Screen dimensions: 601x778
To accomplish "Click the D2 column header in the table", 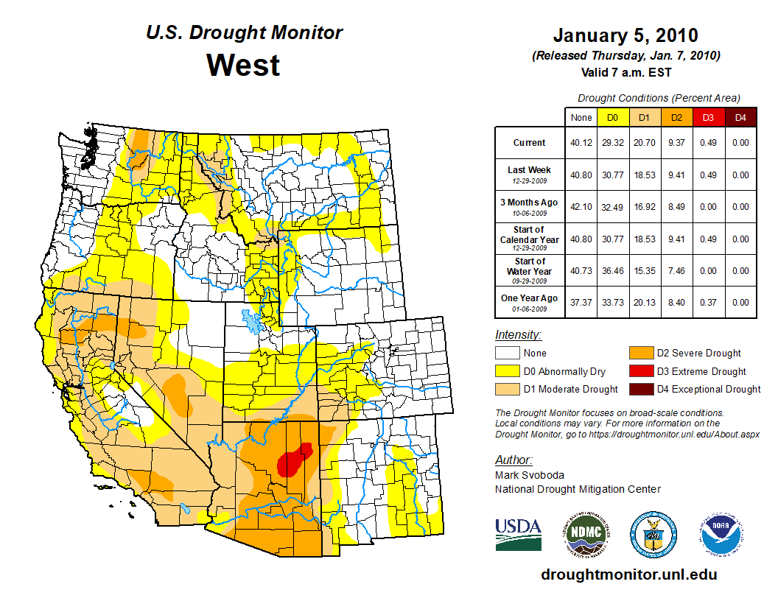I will (676, 117).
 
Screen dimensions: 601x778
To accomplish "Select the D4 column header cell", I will (740, 117).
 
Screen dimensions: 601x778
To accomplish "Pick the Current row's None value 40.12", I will (581, 143).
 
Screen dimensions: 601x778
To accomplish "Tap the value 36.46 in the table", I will (613, 270).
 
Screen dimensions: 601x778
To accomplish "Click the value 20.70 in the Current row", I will (645, 143).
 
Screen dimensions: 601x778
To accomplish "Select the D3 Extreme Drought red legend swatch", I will (639, 371).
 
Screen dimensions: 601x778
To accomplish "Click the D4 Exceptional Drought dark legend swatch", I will (639, 389).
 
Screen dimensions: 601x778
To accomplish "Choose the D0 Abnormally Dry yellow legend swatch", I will (507, 371).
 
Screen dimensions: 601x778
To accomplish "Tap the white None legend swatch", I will (507, 354).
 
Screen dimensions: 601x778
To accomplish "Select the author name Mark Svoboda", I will (530, 475).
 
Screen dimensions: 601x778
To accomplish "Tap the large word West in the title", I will (243, 65).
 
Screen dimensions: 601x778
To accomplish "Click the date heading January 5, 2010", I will (625, 35).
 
